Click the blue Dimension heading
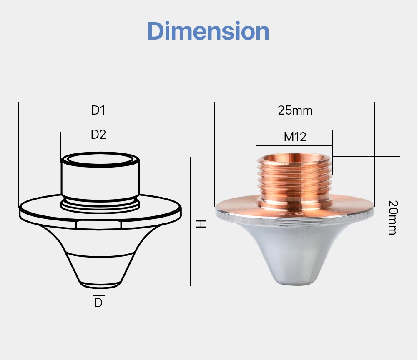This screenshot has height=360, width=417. pos(208,31)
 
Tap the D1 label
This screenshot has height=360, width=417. pos(98,110)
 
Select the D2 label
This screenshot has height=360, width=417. pos(98,135)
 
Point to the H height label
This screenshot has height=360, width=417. pos(201,224)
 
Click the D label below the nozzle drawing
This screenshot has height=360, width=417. pos(98,303)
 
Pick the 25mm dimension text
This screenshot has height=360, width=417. pos(295,110)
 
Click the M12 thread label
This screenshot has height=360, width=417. pos(295,137)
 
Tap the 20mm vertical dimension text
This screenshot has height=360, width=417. pos(393,217)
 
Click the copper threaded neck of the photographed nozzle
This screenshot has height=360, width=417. pos(295,181)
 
